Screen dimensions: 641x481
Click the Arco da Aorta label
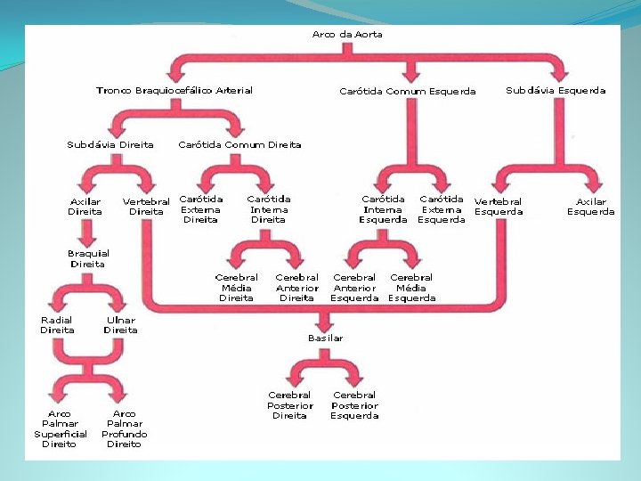point(347,35)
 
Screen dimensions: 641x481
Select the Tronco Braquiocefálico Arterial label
point(174,90)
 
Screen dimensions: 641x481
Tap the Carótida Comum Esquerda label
point(408,91)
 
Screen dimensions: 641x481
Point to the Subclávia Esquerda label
point(556,90)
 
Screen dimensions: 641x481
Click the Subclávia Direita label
point(110,145)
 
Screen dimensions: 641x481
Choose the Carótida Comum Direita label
point(239,145)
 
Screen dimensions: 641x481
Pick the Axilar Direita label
point(85,207)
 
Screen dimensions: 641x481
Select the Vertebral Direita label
point(146,207)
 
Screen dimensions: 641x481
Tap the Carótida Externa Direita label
point(200,209)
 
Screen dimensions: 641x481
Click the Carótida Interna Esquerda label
point(383,209)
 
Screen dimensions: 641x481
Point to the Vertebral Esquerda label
point(499,207)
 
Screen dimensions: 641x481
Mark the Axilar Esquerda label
point(591,207)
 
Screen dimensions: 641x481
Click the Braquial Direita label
point(88,258)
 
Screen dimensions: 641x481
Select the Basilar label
point(326,338)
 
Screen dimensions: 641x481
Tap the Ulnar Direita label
point(120,325)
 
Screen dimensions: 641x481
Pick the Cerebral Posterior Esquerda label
point(354,405)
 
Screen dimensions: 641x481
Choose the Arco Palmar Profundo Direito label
point(125,429)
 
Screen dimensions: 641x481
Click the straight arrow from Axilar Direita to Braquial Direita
point(87,233)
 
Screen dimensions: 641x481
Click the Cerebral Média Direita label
point(236,288)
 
